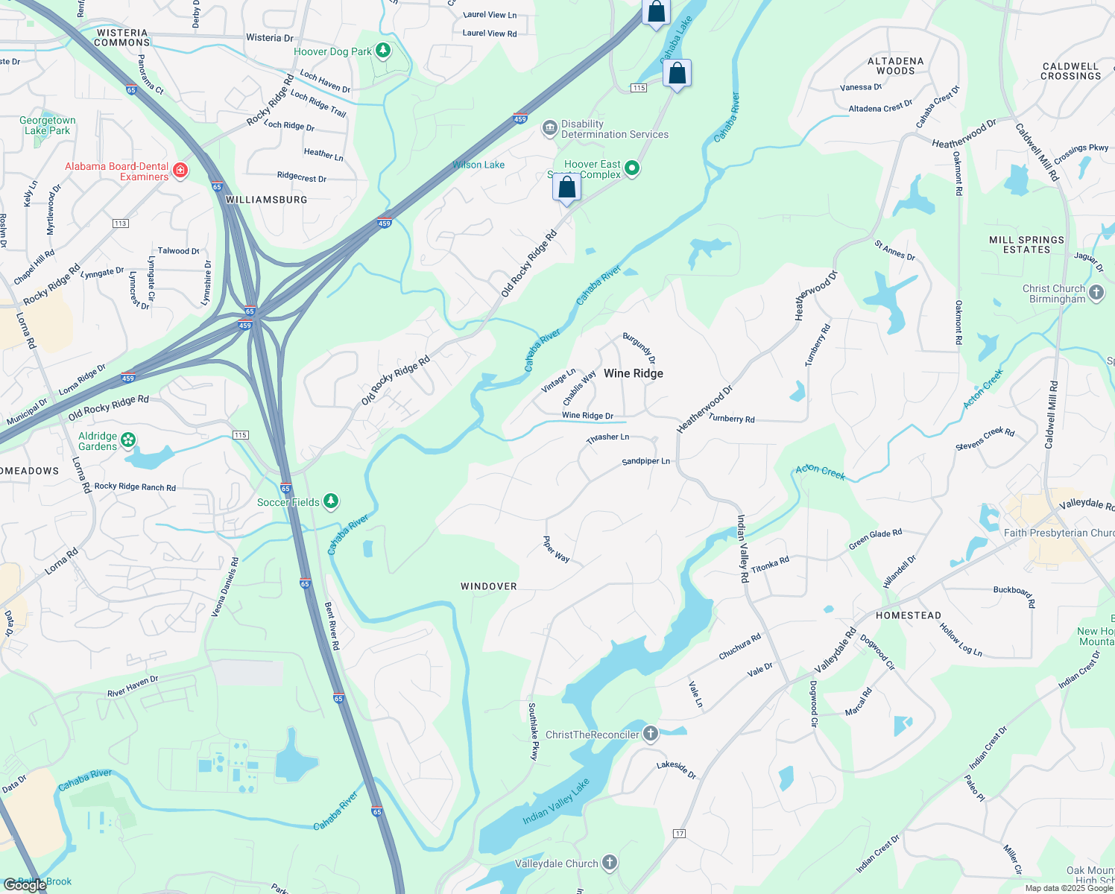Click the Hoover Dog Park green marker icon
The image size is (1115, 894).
pos(383,51)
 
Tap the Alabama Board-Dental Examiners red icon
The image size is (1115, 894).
pos(180,171)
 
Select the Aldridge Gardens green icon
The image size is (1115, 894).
pos(129,440)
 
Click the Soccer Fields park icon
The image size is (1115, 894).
pos(331,501)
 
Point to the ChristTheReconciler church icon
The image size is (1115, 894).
pos(651,734)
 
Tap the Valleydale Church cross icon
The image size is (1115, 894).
pos(610,863)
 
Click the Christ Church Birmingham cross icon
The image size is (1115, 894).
pos(1096,293)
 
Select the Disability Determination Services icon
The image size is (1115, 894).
pos(550,129)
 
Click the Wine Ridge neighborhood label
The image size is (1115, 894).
pos(633,373)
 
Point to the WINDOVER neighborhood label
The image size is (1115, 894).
pos(488,586)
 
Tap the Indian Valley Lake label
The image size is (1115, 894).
pos(556,801)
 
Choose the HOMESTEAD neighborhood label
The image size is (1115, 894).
pos(908,615)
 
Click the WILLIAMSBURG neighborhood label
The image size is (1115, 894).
pos(266,200)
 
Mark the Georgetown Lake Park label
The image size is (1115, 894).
pos(48,125)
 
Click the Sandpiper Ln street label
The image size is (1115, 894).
pos(645,461)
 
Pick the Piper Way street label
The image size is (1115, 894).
pos(557,549)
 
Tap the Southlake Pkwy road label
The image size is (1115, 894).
pos(533,731)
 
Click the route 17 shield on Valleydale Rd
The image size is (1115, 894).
pos(678,832)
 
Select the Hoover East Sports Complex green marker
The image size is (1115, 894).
pos(632,168)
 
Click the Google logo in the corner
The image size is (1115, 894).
pos(25,884)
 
